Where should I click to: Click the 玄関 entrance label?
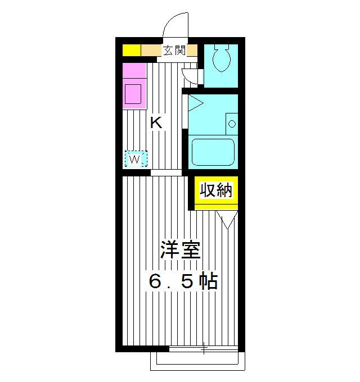tap(174, 51)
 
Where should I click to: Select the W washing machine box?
tap(135, 160)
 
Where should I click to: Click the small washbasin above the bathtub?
tap(231, 123)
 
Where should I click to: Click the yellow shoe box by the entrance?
tap(131, 51)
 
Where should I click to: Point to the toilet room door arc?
tap(191, 76)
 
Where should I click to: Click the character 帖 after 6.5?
tap(209, 281)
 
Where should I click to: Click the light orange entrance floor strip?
tap(150, 51)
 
